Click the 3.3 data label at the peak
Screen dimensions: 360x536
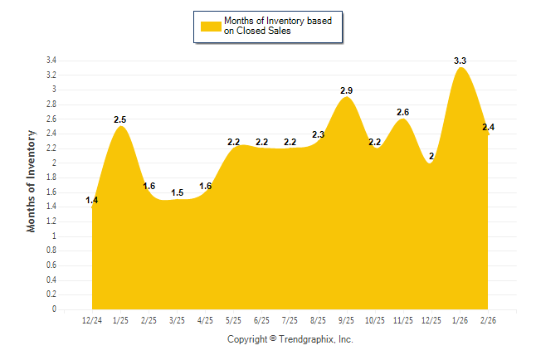[460, 61]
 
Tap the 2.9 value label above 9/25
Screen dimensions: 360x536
[347, 90]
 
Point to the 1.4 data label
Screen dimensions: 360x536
[92, 201]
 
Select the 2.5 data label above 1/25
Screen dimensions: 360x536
[121, 119]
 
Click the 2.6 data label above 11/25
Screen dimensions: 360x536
[403, 112]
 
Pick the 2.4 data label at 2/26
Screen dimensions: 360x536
[489, 127]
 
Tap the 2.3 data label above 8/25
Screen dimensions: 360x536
[319, 134]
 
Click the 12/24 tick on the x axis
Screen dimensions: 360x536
[92, 320]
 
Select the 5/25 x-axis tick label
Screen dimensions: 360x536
[234, 320]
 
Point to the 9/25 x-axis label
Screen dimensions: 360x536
[347, 320]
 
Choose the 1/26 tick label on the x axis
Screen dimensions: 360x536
[460, 320]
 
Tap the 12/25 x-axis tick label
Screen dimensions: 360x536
[431, 320]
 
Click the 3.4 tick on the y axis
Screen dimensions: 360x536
[51, 61]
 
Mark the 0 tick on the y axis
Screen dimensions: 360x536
[54, 309]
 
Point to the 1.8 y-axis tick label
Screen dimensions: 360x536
[51, 178]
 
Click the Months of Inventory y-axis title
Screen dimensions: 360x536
[32, 180]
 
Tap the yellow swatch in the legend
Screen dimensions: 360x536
[211, 26]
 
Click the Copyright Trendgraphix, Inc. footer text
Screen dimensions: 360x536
[290, 339]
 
